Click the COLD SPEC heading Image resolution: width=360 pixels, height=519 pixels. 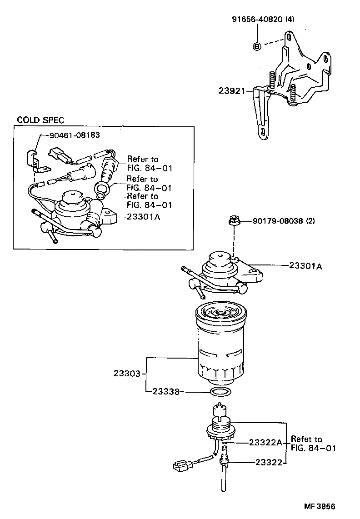pos(40,120)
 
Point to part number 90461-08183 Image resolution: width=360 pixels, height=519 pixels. pos(71,135)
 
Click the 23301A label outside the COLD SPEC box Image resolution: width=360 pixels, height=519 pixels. pos(305,266)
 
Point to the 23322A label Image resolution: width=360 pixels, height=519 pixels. pos(265,442)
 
